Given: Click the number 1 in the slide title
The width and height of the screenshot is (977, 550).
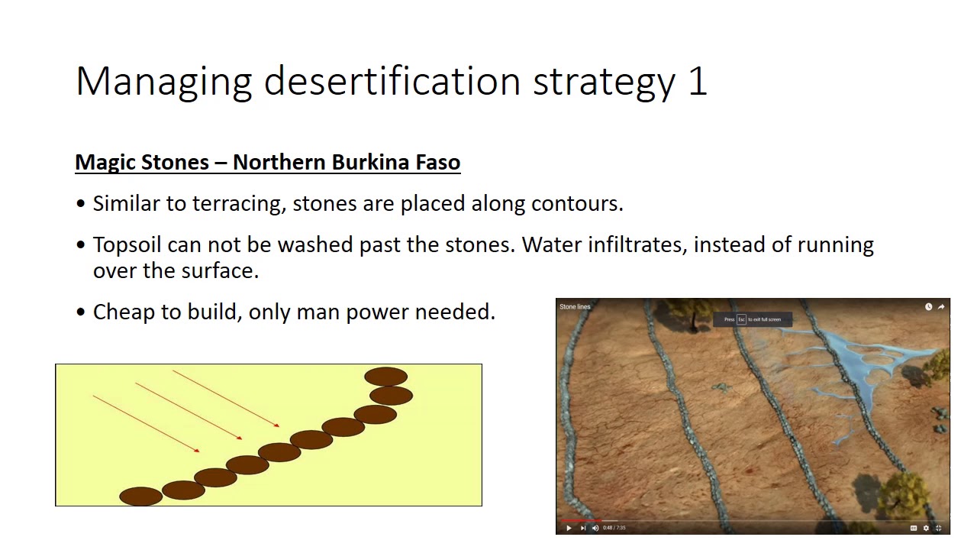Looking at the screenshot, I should (x=698, y=81).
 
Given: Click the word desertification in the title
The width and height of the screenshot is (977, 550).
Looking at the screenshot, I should (x=392, y=81).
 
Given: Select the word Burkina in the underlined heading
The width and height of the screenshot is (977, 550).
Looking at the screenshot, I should (x=374, y=162).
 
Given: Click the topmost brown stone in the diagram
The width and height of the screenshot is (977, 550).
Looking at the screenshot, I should (x=385, y=377).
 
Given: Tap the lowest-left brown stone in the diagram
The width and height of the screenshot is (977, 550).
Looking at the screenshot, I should (x=141, y=497).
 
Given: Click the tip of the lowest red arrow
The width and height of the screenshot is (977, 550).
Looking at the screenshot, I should (x=199, y=451).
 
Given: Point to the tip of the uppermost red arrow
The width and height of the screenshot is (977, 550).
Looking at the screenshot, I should (x=279, y=426).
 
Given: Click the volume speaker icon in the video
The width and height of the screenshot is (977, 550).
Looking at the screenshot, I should (x=595, y=528).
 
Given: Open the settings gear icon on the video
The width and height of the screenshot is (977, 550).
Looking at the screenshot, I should (x=926, y=528).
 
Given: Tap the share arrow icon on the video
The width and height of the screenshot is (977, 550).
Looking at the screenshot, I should (x=941, y=307).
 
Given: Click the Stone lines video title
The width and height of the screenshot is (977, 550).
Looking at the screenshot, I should (x=575, y=307).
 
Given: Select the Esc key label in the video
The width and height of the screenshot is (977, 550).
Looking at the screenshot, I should (x=741, y=319).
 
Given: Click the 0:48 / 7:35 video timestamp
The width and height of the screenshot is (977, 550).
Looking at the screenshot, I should (x=614, y=528).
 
